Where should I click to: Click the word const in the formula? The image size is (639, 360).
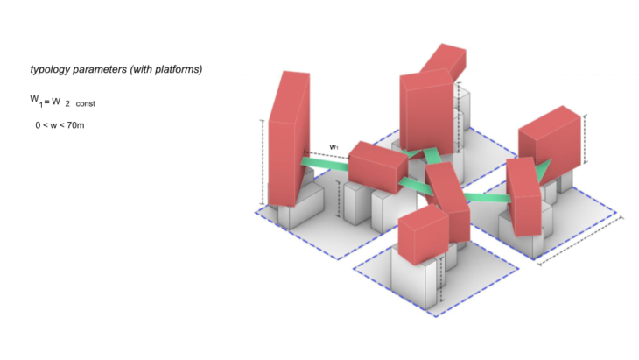pos(85,103)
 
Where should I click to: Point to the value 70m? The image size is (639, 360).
pos(84,125)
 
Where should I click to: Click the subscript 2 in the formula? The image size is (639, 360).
pos(67,103)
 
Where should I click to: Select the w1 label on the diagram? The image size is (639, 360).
pos(334,146)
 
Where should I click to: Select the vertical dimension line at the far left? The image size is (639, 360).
pos(262,162)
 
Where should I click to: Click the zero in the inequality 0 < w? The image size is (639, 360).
pos(39,125)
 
